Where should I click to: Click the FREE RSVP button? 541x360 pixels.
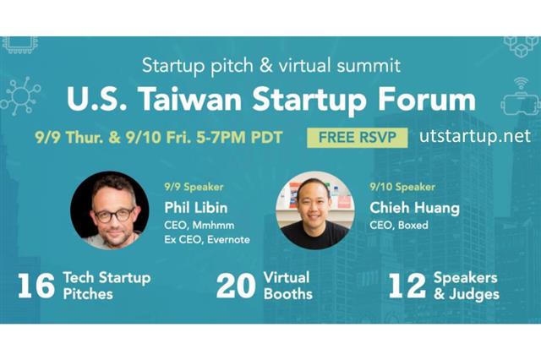pyautogui.click(x=357, y=138)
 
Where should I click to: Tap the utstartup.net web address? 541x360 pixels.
pyautogui.click(x=475, y=136)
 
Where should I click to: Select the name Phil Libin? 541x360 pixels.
pyautogui.click(x=196, y=208)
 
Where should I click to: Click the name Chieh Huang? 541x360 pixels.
pyautogui.click(x=414, y=208)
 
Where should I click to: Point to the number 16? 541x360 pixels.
pyautogui.click(x=36, y=286)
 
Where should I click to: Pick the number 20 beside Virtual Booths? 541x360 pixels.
pyautogui.click(x=236, y=286)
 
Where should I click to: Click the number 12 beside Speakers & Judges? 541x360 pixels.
pyautogui.click(x=407, y=286)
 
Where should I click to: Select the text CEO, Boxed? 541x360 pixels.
pyautogui.click(x=399, y=225)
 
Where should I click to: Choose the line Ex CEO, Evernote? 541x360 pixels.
pyautogui.click(x=207, y=239)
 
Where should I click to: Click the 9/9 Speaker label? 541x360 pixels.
pyautogui.click(x=194, y=187)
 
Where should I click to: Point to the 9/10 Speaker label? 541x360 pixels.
pyautogui.click(x=402, y=187)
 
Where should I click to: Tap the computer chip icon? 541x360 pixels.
pyautogui.click(x=20, y=45)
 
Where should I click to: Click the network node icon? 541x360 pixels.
pyautogui.click(x=20, y=95)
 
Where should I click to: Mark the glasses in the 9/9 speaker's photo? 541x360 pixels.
pyautogui.click(x=115, y=215)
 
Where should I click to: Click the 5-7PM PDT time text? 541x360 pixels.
pyautogui.click(x=239, y=137)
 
